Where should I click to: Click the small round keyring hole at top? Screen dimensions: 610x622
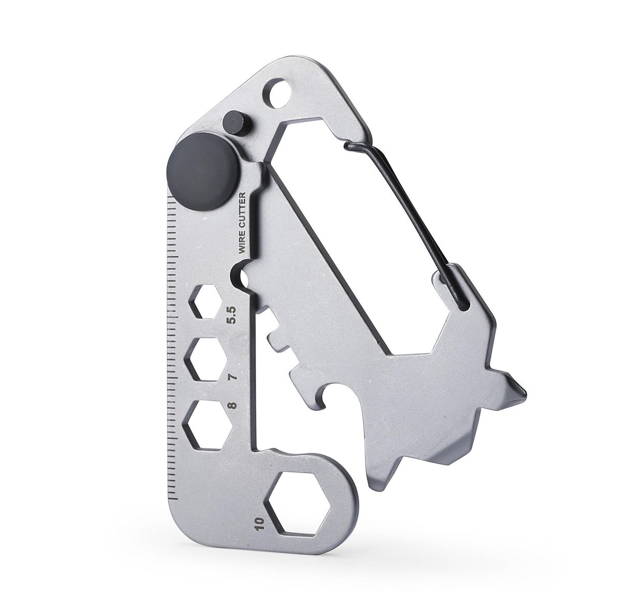coord(278,91)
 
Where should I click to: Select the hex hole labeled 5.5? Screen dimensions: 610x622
coord(206,301)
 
